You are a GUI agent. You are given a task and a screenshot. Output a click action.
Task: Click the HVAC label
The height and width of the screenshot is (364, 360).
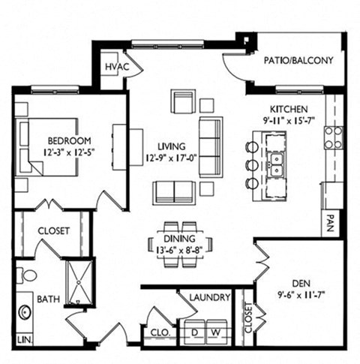click(x=117, y=67)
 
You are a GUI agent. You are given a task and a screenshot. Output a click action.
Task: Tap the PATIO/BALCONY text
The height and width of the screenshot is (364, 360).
click(x=298, y=61)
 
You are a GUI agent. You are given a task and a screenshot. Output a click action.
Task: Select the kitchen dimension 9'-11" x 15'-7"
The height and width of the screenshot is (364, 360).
click(x=289, y=121)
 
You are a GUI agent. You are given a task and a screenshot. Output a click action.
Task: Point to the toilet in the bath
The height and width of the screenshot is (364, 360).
click(x=27, y=275)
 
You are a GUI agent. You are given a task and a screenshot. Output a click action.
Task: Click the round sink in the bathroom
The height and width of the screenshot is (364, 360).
click(x=25, y=312)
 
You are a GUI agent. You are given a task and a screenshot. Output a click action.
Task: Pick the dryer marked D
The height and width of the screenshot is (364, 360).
click(x=195, y=332)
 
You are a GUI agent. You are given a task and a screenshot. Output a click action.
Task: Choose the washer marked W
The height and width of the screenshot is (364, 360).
click(x=217, y=332)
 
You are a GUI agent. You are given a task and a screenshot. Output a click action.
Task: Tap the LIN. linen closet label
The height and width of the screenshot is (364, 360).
click(x=25, y=340)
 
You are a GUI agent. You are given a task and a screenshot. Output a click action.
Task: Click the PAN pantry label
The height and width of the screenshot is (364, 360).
click(x=330, y=223)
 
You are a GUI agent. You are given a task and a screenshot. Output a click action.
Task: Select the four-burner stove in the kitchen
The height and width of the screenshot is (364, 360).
click(x=334, y=138)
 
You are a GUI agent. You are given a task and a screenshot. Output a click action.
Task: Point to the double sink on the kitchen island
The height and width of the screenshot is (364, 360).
click(x=276, y=164)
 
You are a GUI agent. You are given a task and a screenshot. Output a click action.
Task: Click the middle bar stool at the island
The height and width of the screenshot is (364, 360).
click(x=252, y=165)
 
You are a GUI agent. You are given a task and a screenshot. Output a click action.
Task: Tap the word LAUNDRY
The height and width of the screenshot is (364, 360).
click(x=210, y=297)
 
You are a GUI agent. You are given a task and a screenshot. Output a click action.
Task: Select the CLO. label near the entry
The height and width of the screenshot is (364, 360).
click(x=160, y=332)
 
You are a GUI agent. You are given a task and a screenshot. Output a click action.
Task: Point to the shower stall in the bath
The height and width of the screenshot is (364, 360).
click(x=79, y=282)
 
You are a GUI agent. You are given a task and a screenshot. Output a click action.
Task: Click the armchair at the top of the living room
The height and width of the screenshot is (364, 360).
click(x=183, y=101)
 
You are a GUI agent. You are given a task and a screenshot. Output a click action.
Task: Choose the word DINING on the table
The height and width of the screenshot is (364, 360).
click(x=179, y=239)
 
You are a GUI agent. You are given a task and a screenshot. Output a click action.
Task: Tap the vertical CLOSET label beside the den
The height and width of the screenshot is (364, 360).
click(x=248, y=317)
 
